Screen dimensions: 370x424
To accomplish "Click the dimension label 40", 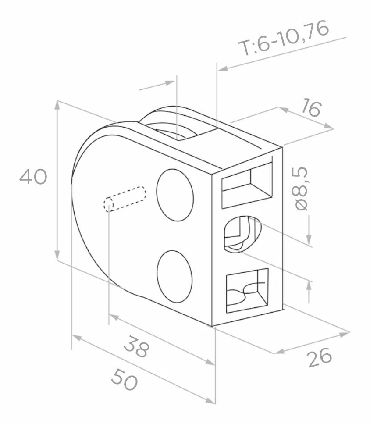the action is [33, 177].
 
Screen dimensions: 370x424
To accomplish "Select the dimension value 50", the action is [125, 380].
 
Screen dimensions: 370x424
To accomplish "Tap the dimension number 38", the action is [136, 346].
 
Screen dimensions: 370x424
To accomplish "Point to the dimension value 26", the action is [320, 357].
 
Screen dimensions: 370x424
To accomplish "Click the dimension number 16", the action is [311, 107].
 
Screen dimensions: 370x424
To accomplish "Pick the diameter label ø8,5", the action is [301, 189].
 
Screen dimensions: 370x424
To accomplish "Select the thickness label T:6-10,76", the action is [284, 38].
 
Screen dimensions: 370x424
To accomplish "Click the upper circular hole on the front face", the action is [175, 195].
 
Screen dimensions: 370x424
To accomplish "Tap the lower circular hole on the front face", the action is [174, 276].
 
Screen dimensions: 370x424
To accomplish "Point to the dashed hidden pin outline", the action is [125, 199].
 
